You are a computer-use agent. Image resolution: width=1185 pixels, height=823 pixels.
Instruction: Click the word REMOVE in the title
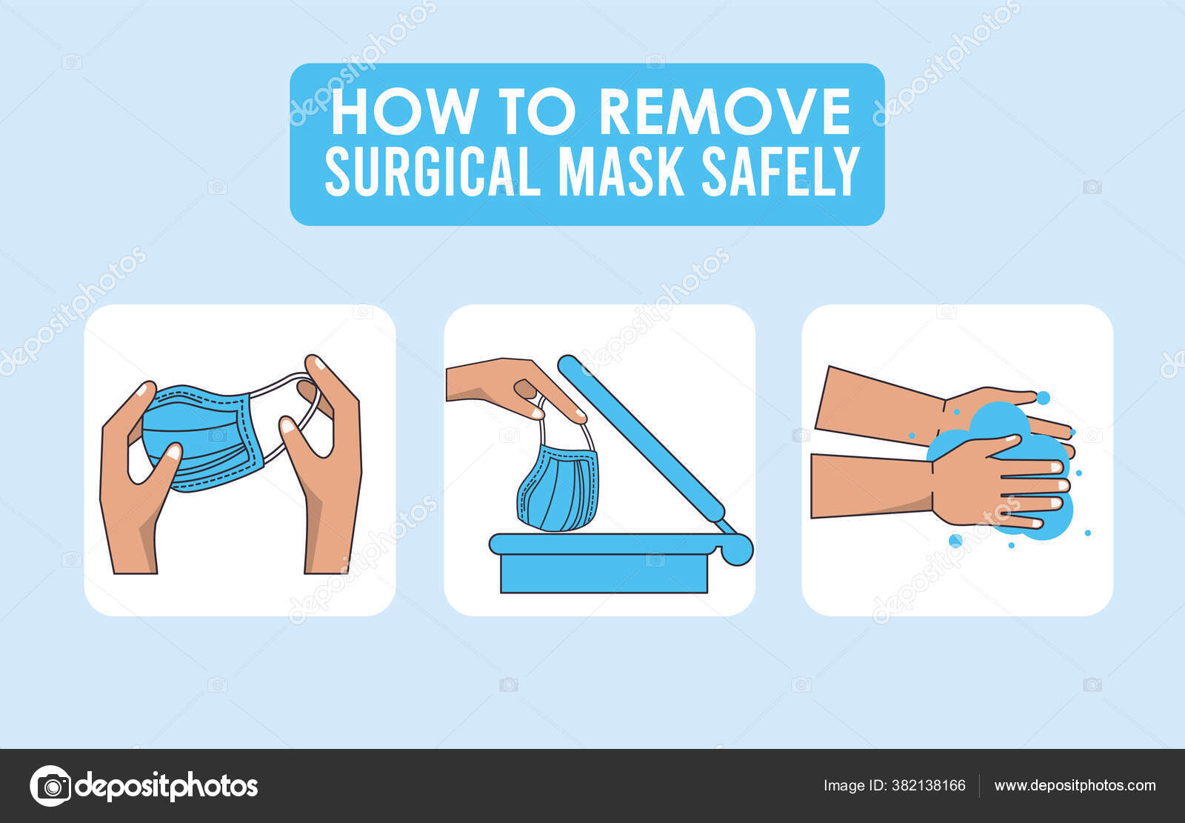coord(724,113)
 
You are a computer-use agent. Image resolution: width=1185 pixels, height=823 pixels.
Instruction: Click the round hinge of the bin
coord(735,549)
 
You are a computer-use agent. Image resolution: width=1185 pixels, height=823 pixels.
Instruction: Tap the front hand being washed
coord(985,485)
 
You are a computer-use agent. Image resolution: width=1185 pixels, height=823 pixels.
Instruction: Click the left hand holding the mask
coord(133,504)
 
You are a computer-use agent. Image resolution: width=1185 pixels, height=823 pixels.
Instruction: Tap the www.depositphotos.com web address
coord(1075,786)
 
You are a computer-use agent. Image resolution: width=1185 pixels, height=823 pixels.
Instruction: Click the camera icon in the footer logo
coord(50,786)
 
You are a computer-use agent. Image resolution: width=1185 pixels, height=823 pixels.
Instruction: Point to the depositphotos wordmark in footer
coord(167,786)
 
